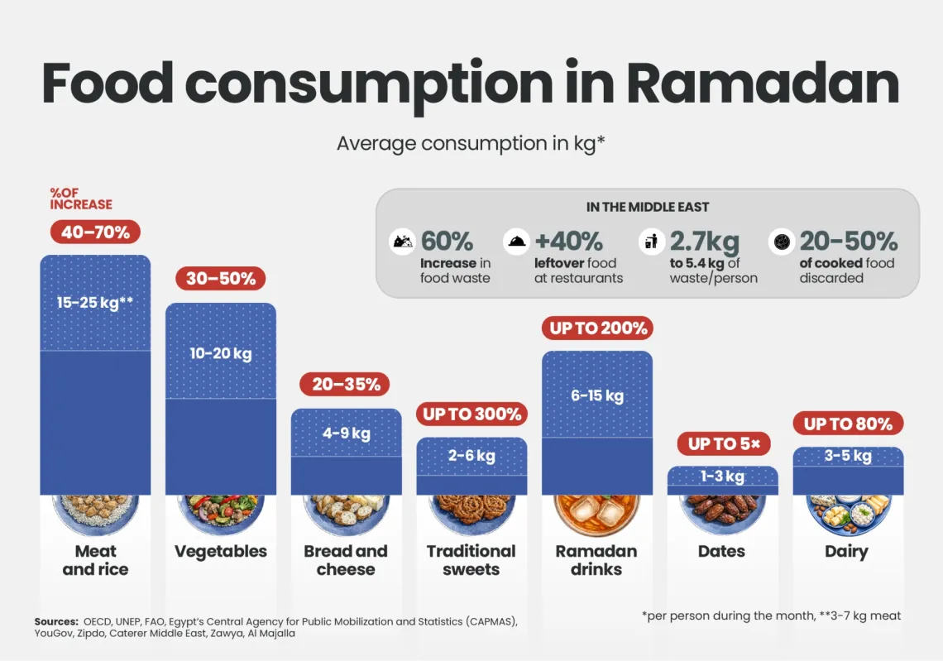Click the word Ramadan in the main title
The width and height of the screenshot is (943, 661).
point(762,83)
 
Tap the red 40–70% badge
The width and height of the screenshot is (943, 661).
point(95,232)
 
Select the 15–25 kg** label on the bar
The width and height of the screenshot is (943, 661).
point(95,302)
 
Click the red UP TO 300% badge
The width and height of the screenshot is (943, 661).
point(472,414)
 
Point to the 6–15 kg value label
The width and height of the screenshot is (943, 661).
point(596,395)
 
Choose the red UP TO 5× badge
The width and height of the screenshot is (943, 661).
point(722,443)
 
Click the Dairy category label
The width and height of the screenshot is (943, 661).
point(846,552)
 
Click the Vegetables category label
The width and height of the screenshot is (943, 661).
point(221,552)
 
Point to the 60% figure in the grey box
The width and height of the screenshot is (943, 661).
point(447,241)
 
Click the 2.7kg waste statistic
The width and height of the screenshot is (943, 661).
point(704,241)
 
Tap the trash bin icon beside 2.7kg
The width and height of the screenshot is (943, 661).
point(651,242)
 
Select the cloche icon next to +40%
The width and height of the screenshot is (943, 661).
point(516,242)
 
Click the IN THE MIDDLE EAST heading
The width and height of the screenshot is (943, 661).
point(648,208)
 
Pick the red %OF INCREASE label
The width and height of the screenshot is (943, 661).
point(80,199)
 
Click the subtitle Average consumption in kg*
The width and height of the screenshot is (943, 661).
point(471,143)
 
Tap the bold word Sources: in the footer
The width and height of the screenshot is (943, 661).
point(56,621)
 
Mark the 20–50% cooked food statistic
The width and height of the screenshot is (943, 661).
point(848,241)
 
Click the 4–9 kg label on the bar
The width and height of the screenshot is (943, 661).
point(347,433)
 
